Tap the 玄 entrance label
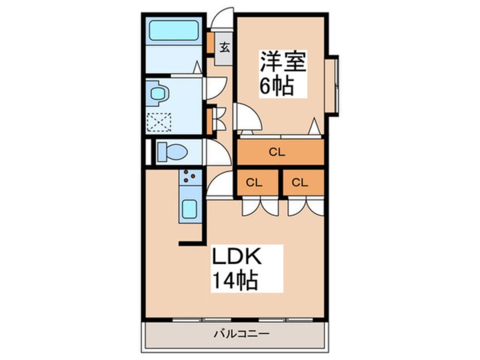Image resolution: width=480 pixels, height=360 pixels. tap(225, 48)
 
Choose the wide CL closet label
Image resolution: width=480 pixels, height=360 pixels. tap(276, 152)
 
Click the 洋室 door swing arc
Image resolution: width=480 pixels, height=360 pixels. tap(248, 118)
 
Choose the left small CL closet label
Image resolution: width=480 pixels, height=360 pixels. tap(254, 182)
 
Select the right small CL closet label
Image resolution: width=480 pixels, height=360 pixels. tap(300, 182)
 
